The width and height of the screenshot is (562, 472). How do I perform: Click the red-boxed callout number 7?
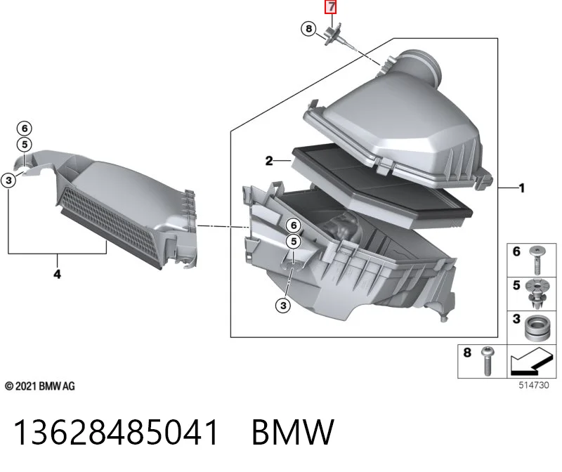(x=330, y=7)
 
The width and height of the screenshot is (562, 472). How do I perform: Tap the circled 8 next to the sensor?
(x=308, y=28)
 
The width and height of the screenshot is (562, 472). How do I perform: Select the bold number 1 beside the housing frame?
(x=521, y=188)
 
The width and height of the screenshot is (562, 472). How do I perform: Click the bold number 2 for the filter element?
(x=269, y=161)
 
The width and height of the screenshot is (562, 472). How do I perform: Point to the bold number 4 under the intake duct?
(x=57, y=274)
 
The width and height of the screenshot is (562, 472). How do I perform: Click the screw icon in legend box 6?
(x=537, y=260)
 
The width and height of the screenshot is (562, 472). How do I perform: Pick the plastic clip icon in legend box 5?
(x=537, y=294)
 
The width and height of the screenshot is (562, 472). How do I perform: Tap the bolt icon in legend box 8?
(x=486, y=361)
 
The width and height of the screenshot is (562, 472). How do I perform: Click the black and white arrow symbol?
(x=531, y=360)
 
